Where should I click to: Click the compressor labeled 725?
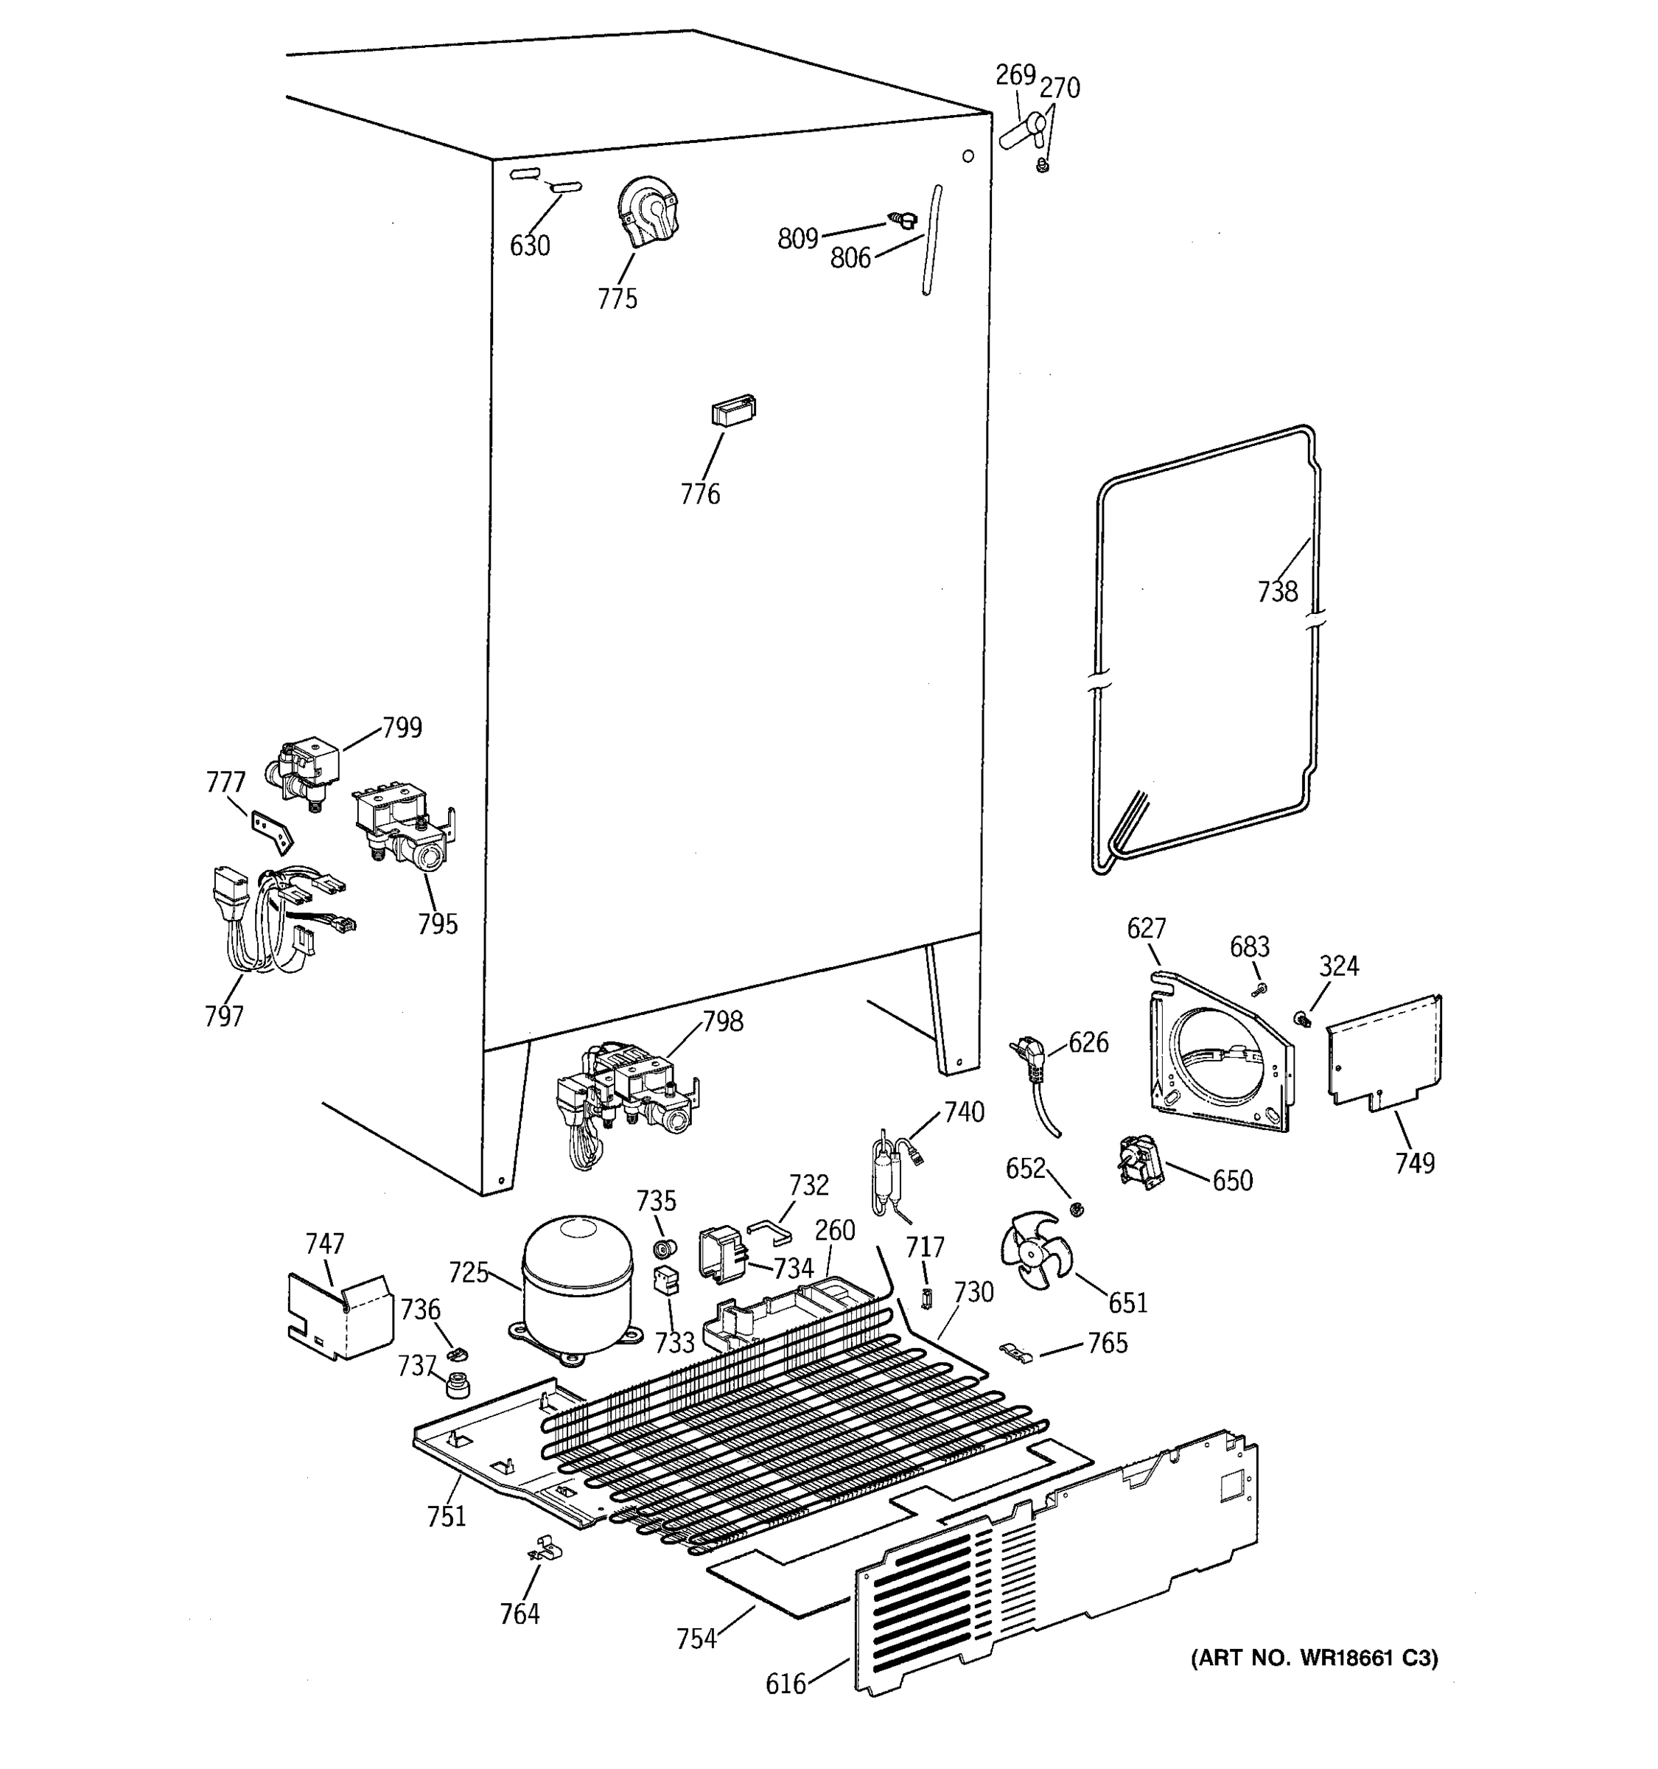coord(577,1288)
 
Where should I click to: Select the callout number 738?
coord(1277,592)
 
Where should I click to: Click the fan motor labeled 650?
coord(1139,1162)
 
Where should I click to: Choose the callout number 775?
coord(618,298)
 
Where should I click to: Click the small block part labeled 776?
coord(733,411)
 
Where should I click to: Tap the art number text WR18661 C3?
coord(1314,1658)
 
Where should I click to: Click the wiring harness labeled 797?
coord(267,921)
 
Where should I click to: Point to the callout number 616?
coord(786,1683)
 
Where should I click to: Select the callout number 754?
coord(696,1639)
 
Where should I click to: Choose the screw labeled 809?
coord(903,220)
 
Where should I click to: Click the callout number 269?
coord(1015,74)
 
